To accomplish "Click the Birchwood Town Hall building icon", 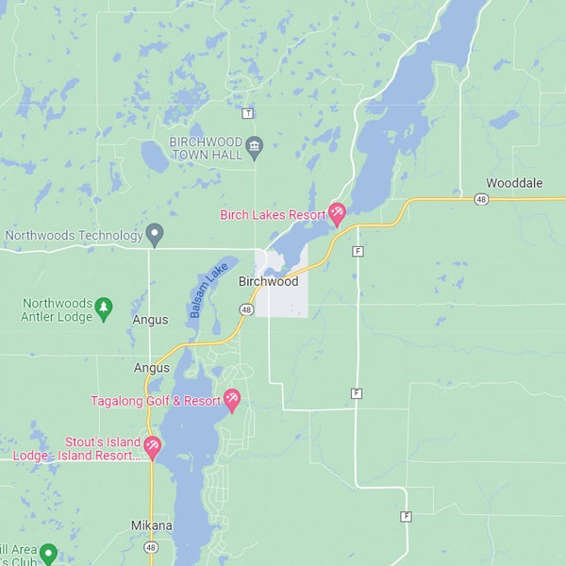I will (x=254, y=145).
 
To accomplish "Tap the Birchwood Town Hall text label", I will (x=205, y=147).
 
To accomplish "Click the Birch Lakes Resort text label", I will (x=272, y=215).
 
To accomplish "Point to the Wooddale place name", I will (x=514, y=183).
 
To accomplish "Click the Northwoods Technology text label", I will (x=73, y=235).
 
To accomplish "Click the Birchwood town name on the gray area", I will (x=268, y=282).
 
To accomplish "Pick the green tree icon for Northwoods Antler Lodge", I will (x=104, y=307).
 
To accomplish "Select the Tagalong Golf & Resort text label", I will (x=156, y=401).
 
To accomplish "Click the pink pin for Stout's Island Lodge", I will (x=152, y=446).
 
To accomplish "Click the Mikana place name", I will (x=151, y=525).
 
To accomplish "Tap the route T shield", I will (x=247, y=113).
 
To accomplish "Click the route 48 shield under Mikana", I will (x=151, y=547).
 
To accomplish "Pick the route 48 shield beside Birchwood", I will (x=246, y=309).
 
